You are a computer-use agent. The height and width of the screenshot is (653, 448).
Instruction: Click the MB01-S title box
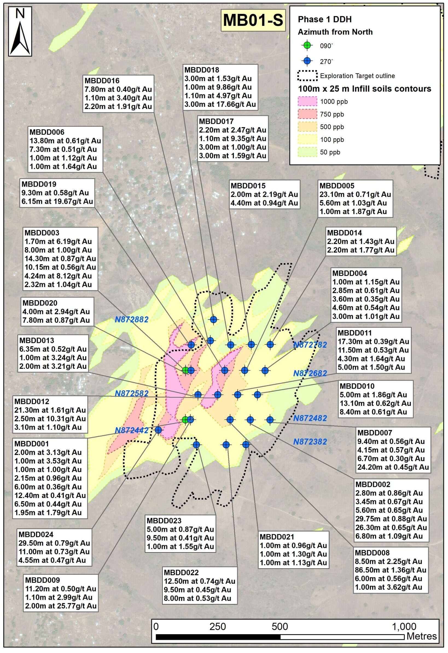(253, 20)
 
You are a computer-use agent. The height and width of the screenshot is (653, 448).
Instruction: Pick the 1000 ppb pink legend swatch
(307, 101)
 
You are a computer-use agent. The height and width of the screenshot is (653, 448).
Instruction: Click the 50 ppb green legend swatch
(307, 152)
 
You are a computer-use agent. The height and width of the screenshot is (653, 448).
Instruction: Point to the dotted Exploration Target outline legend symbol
(307, 76)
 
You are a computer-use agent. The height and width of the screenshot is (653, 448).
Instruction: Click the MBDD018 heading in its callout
(202, 70)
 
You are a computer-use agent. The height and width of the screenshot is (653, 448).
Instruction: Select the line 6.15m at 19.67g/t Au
(57, 201)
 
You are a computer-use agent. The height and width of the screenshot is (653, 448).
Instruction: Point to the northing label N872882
(131, 319)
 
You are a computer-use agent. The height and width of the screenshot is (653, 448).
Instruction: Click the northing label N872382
(310, 442)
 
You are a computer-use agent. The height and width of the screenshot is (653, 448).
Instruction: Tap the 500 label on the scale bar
(280, 626)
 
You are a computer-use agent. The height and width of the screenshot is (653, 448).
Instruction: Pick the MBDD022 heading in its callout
(181, 572)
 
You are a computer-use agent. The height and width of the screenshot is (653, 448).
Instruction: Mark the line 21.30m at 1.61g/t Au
(50, 410)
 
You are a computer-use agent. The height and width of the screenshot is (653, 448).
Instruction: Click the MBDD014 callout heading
(344, 233)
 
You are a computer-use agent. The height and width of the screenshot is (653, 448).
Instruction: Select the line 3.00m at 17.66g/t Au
(220, 105)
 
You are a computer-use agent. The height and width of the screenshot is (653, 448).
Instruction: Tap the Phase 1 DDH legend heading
(325, 19)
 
